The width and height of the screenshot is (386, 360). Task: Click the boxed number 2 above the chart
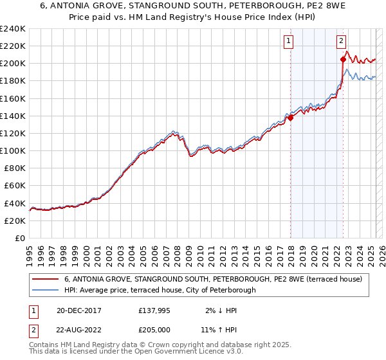(340, 41)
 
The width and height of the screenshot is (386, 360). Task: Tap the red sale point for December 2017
(290, 118)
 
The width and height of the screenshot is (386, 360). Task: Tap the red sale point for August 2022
(343, 59)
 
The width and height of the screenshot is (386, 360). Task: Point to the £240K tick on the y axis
(14, 29)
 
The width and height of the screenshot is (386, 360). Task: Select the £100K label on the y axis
(14, 150)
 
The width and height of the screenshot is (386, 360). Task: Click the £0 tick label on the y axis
(20, 238)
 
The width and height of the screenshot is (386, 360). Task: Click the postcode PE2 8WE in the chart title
(291, 7)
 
